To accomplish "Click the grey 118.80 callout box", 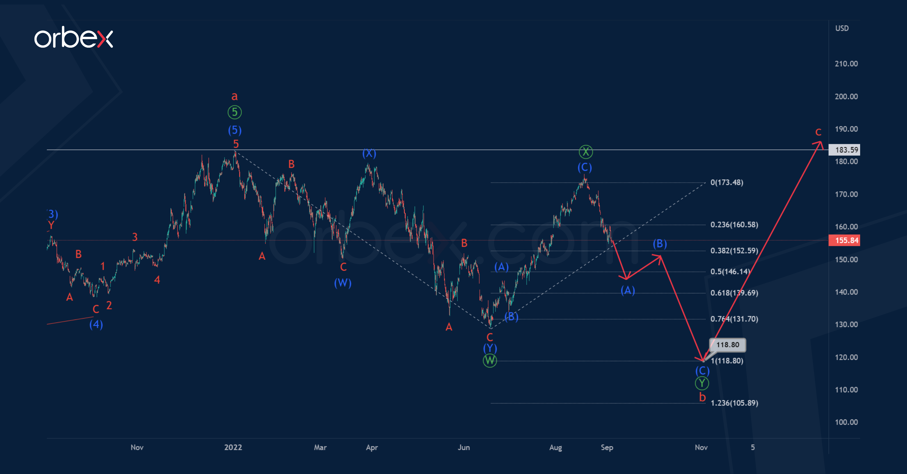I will click(x=727, y=344).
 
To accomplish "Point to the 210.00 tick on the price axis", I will click(x=846, y=64).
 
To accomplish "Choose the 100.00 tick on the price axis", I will click(x=846, y=422).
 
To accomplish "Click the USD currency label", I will click(x=842, y=28).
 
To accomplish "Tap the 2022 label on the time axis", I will click(x=233, y=447).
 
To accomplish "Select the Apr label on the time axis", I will click(x=372, y=447).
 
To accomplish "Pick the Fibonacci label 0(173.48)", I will click(x=727, y=182).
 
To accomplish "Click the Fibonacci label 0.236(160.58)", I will click(x=734, y=225).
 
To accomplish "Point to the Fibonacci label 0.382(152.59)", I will click(x=734, y=251).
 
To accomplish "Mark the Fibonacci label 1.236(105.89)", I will click(x=734, y=403).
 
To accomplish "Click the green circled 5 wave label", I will click(x=235, y=112).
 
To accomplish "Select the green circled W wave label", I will click(x=490, y=361).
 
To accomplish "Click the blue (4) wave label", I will click(x=96, y=324).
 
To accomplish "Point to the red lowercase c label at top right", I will click(x=818, y=132).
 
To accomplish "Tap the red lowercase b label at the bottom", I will click(x=702, y=397).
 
